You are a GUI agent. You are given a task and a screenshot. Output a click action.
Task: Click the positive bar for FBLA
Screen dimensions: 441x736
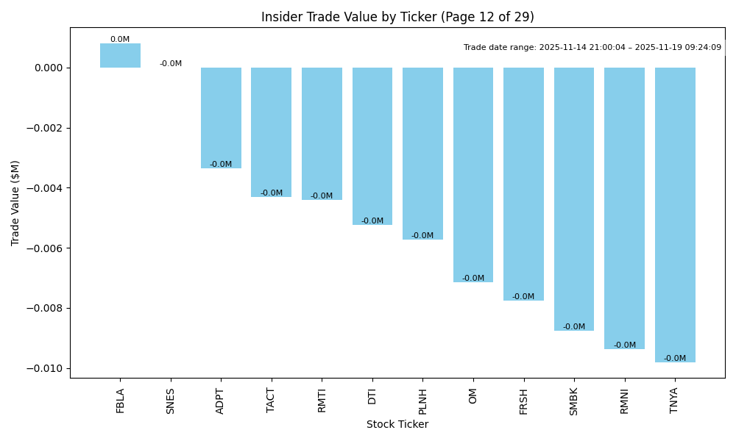click(x=120, y=56)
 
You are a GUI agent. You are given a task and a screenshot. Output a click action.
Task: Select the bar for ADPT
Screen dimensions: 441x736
click(x=221, y=118)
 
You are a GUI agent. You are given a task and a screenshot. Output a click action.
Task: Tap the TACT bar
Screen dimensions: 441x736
click(x=271, y=132)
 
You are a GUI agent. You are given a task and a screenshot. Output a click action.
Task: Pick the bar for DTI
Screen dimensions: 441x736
click(x=372, y=146)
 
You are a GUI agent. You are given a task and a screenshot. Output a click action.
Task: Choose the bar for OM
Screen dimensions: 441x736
click(x=473, y=175)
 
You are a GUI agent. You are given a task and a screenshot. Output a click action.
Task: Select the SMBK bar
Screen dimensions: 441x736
click(x=574, y=199)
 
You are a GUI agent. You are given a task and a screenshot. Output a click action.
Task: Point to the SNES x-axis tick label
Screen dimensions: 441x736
click(x=171, y=401)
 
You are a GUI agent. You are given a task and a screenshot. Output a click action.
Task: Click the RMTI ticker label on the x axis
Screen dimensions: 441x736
click(x=322, y=401)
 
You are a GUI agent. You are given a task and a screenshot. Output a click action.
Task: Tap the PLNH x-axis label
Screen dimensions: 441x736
click(x=423, y=401)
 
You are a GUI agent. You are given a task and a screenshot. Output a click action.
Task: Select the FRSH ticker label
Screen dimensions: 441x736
click(x=524, y=401)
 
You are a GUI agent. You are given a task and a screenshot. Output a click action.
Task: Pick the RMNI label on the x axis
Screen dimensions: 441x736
click(x=625, y=401)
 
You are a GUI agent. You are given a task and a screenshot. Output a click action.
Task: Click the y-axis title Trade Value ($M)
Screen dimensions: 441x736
click(x=15, y=203)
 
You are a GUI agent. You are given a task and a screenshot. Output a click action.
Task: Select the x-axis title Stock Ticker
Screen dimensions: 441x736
click(x=397, y=425)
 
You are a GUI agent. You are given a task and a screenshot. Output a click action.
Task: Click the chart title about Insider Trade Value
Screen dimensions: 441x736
click(x=397, y=17)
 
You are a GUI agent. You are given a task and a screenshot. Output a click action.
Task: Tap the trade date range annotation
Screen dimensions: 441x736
click(x=592, y=48)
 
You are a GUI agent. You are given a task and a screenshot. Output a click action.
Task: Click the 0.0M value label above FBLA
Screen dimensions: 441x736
click(x=120, y=40)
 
